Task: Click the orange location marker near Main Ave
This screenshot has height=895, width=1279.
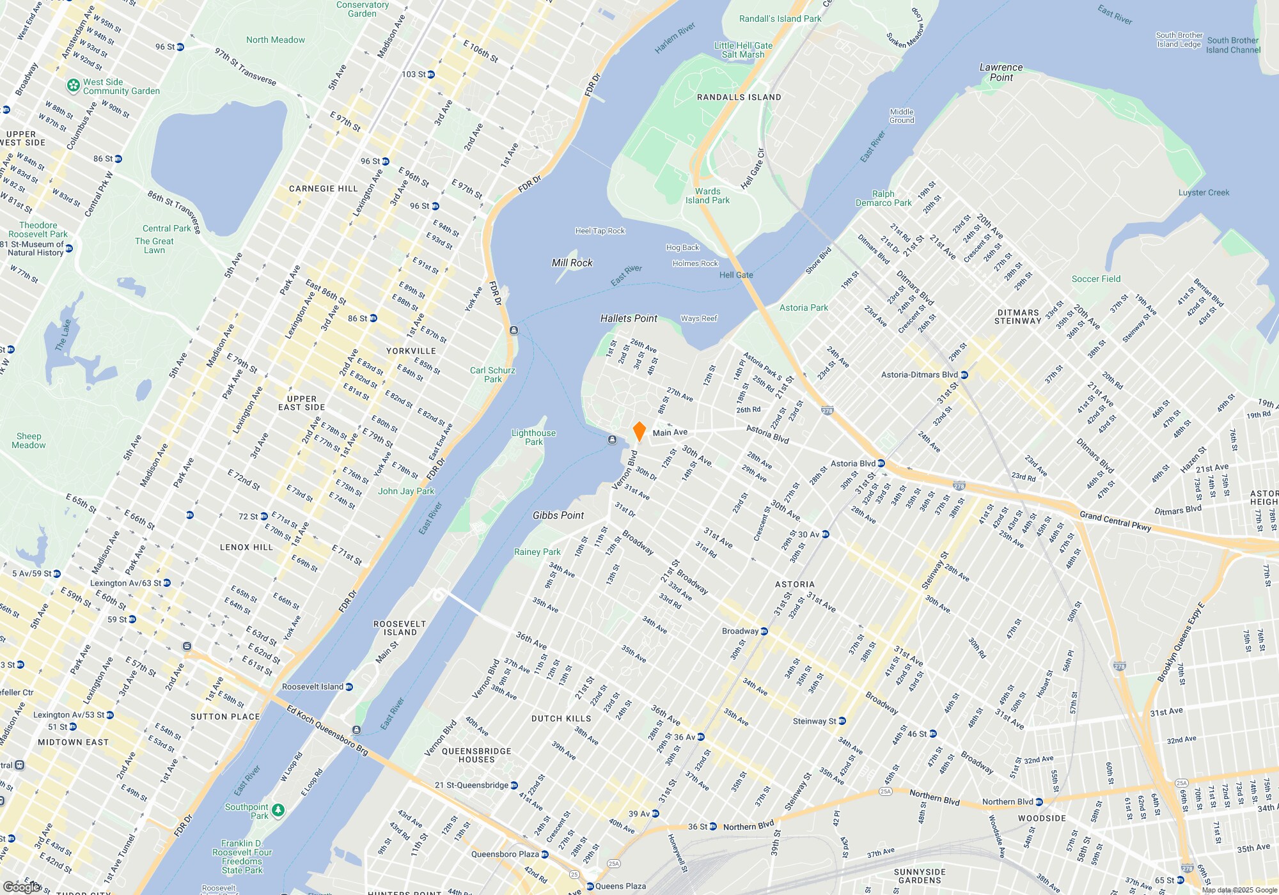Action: [639, 431]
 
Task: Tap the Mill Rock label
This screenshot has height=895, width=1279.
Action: [572, 263]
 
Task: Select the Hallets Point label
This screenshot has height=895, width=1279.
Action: [629, 318]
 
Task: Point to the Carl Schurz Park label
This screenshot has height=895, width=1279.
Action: [492, 375]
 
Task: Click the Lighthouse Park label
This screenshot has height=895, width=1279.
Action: [533, 437]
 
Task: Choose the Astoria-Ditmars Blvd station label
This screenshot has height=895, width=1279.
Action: [920, 375]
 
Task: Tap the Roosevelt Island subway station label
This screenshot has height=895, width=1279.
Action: [313, 687]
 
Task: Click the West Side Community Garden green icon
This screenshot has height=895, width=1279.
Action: [74, 85]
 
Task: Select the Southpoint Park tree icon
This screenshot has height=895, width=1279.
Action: [278, 810]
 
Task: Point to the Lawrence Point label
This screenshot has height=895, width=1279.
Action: [1001, 72]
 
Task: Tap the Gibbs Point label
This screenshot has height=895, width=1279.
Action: [558, 515]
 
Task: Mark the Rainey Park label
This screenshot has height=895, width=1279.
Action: [537, 552]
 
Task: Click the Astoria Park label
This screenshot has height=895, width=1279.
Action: [803, 307]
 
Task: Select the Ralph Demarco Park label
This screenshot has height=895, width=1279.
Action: [883, 198]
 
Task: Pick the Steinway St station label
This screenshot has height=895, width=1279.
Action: [814, 721]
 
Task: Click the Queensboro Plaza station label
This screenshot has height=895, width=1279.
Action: [505, 854]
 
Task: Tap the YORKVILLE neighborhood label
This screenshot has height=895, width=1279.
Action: [411, 351]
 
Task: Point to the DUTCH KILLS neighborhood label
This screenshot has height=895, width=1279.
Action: [561, 719]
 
